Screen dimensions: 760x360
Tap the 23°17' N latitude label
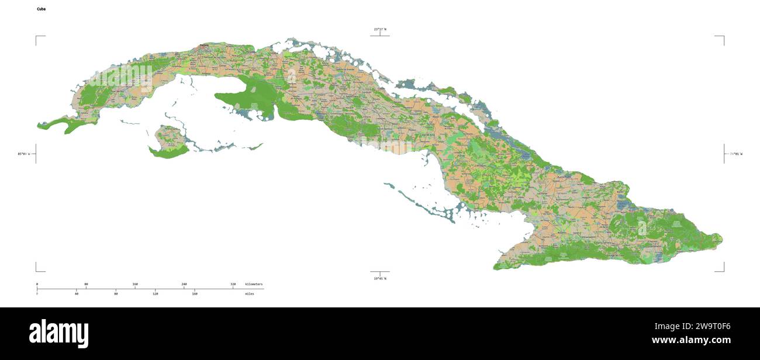(x=380, y=29)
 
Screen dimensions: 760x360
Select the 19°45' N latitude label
(x=380, y=279)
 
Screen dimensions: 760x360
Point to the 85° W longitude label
(x=23, y=154)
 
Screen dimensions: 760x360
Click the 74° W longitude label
(x=735, y=154)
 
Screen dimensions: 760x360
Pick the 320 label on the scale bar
(x=233, y=284)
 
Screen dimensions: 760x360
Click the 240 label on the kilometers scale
(x=184, y=284)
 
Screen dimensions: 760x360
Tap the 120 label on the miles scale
(x=155, y=293)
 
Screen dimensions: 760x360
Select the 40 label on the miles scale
(x=77, y=293)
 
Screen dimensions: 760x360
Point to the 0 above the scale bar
(x=37, y=284)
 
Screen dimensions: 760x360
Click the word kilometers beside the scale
(x=254, y=284)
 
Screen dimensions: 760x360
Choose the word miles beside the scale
(x=250, y=293)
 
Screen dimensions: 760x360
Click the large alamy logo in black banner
(x=59, y=333)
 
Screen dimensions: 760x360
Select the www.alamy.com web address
(x=691, y=340)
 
